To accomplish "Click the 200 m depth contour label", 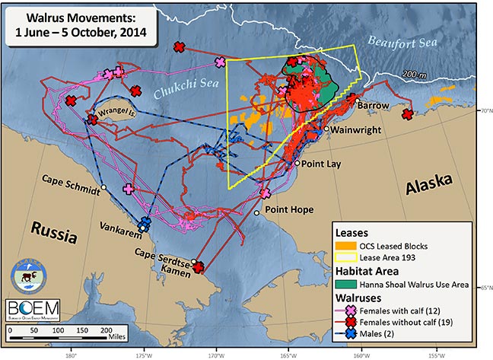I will tap(414, 75).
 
